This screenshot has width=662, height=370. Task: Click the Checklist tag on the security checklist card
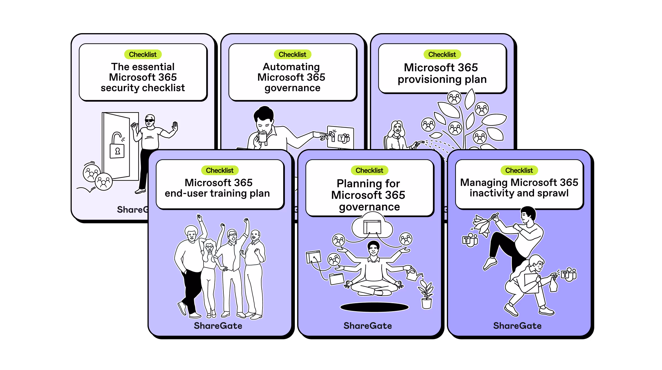pos(143,54)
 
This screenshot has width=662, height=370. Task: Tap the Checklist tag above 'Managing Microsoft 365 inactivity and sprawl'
pos(519,170)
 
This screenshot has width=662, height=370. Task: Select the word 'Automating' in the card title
pos(291,67)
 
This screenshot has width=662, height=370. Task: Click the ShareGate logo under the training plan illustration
pos(218,326)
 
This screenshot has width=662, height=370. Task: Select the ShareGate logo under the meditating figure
pos(368,326)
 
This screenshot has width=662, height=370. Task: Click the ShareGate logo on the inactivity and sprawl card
pos(517,326)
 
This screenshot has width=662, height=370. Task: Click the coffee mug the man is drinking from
pos(262,137)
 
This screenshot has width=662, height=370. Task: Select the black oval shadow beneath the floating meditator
pos(374,307)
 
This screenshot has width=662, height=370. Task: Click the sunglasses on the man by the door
pos(150,120)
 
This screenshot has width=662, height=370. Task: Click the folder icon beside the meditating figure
pos(337,279)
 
